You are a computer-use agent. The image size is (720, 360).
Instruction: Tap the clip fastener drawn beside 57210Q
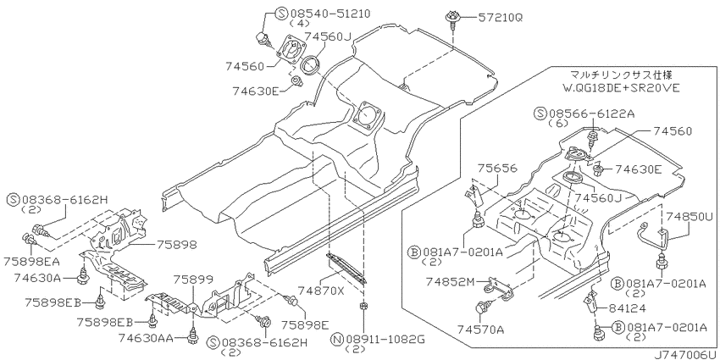pos(451,20)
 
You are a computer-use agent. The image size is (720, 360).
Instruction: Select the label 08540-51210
pos(330,14)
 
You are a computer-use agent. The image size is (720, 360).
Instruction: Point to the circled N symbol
pos(337,341)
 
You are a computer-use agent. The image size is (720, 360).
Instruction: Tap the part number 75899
pos(193,279)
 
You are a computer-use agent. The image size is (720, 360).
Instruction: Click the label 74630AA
pos(146,339)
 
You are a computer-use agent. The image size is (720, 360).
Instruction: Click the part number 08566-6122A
pos(593,114)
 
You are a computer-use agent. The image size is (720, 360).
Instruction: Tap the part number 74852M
pos(450,280)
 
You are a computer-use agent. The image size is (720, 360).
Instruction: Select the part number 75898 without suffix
pos(177,245)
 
